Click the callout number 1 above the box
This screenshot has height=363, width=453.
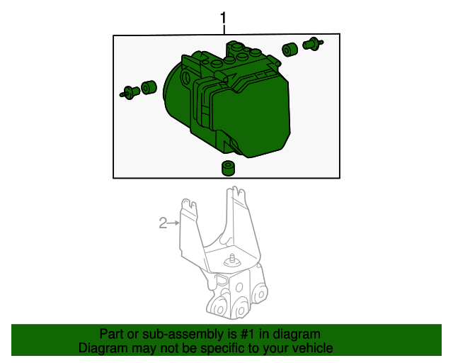pos(224,17)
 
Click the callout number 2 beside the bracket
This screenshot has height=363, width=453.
pos(163,224)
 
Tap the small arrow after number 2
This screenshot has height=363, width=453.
pos(174,224)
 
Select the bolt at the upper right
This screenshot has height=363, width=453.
pos(311,45)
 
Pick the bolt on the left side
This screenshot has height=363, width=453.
pos(129,91)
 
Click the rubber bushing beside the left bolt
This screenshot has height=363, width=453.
pos(148,88)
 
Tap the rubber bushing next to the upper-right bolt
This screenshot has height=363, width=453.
pos(289,50)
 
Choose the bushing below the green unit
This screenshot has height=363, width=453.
pos(227,168)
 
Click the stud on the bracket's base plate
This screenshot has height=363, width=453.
pos(231,259)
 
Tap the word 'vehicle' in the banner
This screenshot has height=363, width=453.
pos(312,349)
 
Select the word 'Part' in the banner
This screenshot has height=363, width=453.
pos(112,334)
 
